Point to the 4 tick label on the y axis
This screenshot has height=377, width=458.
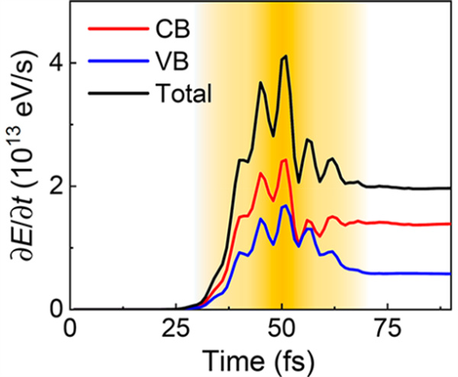(54, 63)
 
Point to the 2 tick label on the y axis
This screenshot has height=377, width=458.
(54, 186)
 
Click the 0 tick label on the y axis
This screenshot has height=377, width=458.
(54, 309)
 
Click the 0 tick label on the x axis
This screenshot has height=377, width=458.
(71, 331)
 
